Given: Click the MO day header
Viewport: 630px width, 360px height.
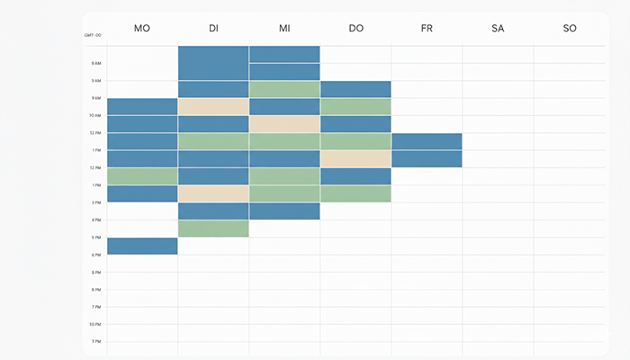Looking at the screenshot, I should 141,29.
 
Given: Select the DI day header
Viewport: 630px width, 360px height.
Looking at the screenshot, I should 213,29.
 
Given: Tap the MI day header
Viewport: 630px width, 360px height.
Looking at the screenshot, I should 284,29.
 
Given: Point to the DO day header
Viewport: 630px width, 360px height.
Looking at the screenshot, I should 355,29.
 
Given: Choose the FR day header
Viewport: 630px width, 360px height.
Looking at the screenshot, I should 427,29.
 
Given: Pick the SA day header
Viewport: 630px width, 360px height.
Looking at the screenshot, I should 498,29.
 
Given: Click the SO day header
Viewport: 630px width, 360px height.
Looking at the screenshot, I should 570,29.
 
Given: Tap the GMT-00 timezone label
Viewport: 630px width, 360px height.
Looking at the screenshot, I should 92,35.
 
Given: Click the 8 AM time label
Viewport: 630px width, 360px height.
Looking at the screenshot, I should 95,63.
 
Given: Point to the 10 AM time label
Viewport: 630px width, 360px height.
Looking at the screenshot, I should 94,115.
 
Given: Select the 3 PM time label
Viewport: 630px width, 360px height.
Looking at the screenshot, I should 95,202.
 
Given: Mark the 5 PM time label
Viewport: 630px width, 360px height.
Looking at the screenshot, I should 95,238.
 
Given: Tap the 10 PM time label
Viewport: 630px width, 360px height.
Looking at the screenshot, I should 94,324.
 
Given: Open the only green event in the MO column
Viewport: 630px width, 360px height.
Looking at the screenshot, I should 142,176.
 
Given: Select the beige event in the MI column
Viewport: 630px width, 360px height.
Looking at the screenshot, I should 284,124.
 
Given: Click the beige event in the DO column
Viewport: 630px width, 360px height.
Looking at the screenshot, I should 355,158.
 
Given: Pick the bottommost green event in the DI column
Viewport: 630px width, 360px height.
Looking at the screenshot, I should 213,229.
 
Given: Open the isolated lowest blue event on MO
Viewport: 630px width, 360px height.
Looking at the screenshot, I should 142,246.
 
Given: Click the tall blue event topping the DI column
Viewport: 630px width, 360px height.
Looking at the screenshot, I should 213,63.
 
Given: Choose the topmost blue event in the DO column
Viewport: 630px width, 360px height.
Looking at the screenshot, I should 355,89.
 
